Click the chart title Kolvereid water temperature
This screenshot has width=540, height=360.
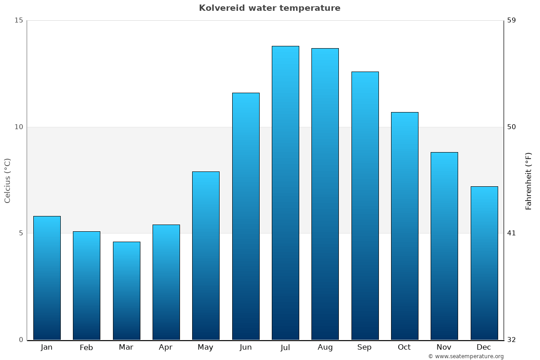(270, 8)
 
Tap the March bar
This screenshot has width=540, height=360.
(126, 291)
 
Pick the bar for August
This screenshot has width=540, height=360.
(325, 194)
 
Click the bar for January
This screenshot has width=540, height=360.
(47, 278)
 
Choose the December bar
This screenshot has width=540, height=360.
(484, 263)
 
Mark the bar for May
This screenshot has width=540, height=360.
(206, 256)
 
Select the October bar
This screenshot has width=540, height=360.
(405, 226)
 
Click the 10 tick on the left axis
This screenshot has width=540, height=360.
(18, 127)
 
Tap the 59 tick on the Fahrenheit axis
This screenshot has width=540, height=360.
(512, 20)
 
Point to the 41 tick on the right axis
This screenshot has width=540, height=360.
(512, 233)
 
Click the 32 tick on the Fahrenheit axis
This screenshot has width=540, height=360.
(512, 340)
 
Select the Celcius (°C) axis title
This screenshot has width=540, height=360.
(7, 180)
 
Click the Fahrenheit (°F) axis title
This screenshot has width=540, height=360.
(528, 180)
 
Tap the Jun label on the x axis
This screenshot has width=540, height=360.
(246, 347)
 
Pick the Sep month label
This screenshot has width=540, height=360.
(364, 347)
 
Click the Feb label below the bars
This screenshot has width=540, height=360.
(86, 347)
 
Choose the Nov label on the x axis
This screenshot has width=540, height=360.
(444, 347)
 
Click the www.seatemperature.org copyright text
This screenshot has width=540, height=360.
(466, 356)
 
